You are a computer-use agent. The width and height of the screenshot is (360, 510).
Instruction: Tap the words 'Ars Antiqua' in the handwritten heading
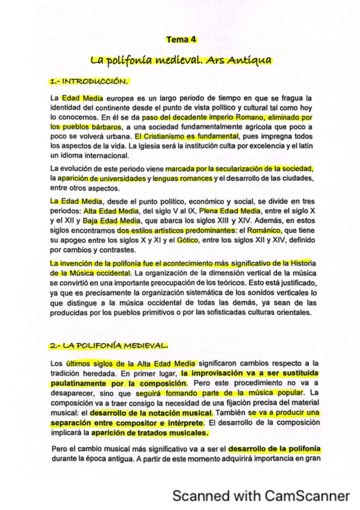(x=238, y=60)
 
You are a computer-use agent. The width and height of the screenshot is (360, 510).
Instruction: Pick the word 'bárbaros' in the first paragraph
(x=102, y=127)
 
